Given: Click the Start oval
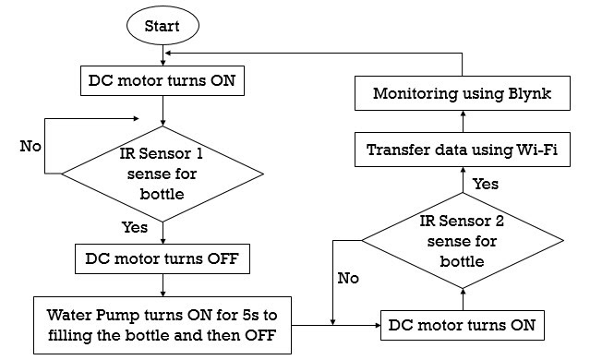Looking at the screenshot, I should pos(163,25).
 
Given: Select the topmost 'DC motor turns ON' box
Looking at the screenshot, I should pos(163,81).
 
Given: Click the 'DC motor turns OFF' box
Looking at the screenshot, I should pos(163,258).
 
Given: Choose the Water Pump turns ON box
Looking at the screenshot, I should pos(163,324).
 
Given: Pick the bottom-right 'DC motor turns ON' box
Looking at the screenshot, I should pos(461,325).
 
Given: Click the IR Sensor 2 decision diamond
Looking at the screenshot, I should pos(462,240).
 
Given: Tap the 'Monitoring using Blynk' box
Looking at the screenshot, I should pos(461,94).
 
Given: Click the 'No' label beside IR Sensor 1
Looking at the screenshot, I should pos(31,146).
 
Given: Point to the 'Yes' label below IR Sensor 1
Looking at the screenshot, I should pos(136,225).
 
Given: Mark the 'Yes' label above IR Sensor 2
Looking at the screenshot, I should pos(485,184).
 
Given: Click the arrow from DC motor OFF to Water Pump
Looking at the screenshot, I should pos(163,285).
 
